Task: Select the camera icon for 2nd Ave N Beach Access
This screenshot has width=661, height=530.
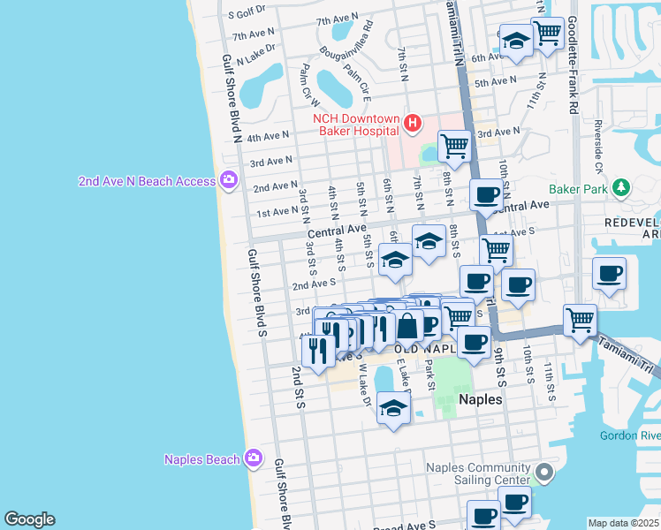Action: (x=229, y=180)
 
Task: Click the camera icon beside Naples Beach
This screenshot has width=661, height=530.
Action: (x=254, y=458)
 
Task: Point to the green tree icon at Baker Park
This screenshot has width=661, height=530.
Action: (x=621, y=187)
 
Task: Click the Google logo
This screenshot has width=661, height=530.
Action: (x=29, y=519)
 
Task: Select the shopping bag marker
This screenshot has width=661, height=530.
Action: (x=408, y=325)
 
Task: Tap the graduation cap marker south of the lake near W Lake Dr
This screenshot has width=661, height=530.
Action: (x=393, y=407)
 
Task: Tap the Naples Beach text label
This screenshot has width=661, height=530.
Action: (x=201, y=458)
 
